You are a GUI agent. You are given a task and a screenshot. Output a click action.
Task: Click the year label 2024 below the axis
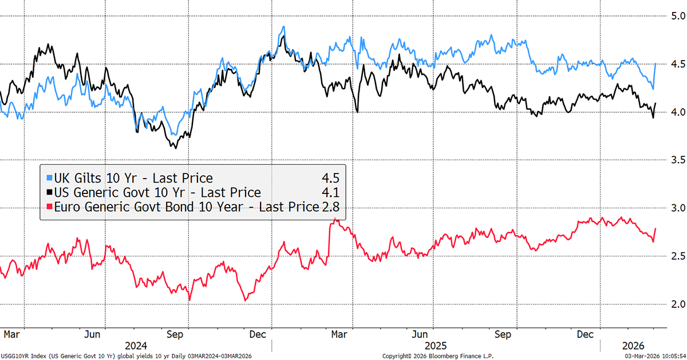pos(136,345)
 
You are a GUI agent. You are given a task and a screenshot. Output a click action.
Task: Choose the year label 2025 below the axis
pos(435,345)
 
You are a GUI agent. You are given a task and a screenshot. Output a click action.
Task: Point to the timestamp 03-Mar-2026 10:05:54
pos(649,355)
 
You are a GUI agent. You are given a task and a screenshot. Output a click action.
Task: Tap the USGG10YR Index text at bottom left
pos(23,355)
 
